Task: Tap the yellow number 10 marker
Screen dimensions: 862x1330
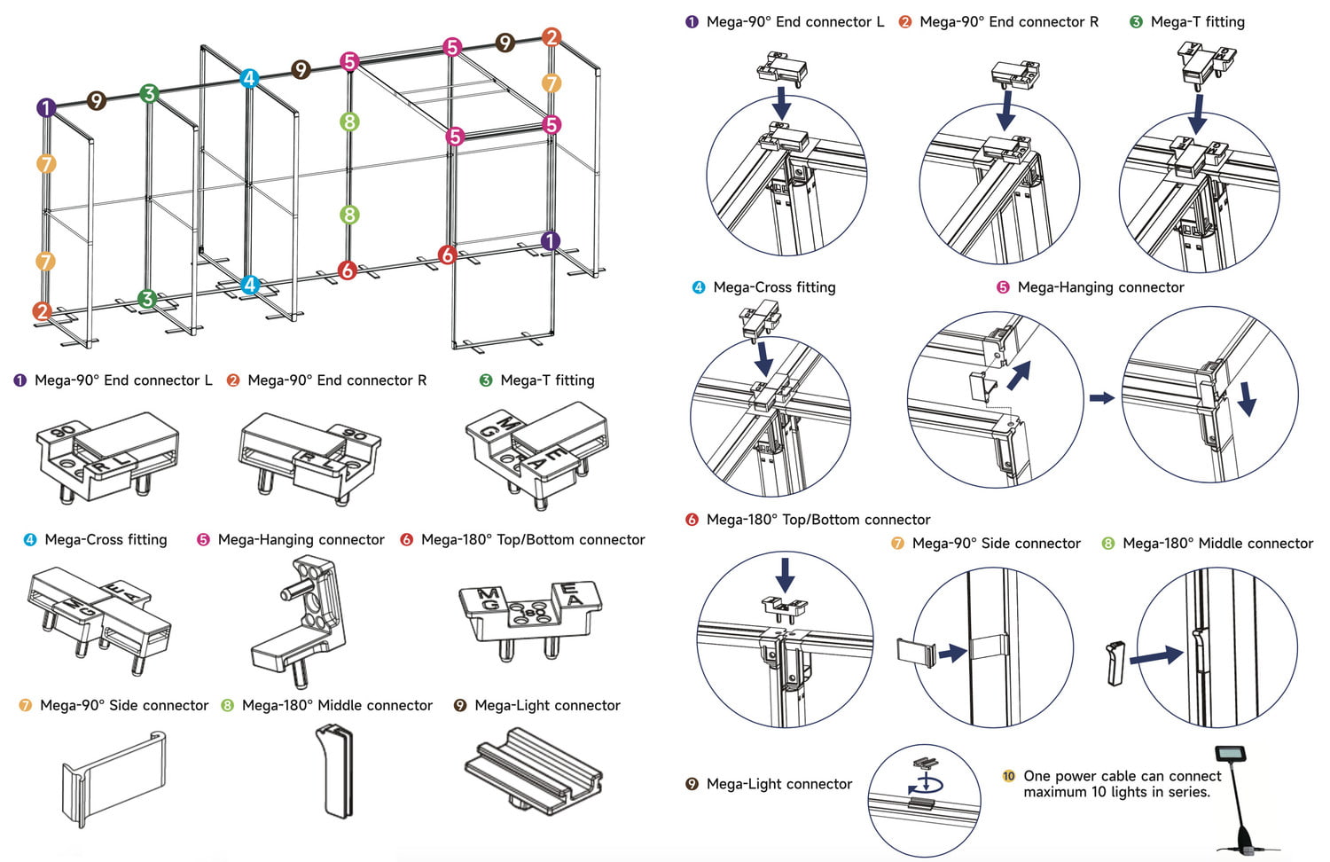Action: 1008,776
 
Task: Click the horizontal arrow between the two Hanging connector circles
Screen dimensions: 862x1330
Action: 1101,398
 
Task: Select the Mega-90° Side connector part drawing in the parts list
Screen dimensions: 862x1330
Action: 113,776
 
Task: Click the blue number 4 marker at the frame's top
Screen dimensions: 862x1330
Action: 249,78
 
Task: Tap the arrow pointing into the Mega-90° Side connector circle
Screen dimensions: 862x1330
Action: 952,654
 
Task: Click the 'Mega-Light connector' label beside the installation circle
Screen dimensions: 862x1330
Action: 778,784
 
